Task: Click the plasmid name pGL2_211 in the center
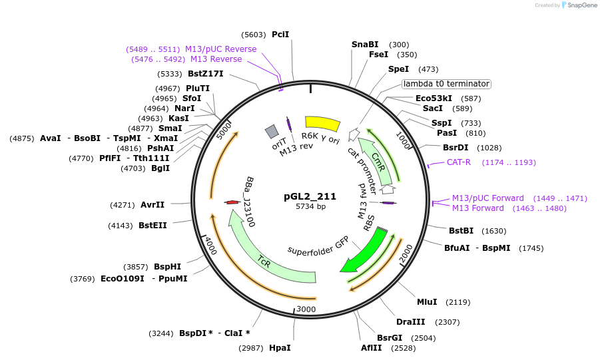pos(310,196)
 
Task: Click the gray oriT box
pos(271,131)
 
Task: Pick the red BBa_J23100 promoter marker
pos(232,202)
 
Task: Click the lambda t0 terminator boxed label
pos(446,84)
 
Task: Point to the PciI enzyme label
pos(280,35)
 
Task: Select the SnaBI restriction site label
pos(365,45)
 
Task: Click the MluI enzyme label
pos(427,301)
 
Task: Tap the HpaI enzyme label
pos(280,347)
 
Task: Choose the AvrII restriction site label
pos(152,205)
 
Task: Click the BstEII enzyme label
pos(152,226)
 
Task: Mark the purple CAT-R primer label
pos(459,162)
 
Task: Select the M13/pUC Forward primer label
pos(488,198)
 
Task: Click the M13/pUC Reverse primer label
pos(220,49)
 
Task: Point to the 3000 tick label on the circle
pos(306,309)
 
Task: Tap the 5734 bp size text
pos(310,207)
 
